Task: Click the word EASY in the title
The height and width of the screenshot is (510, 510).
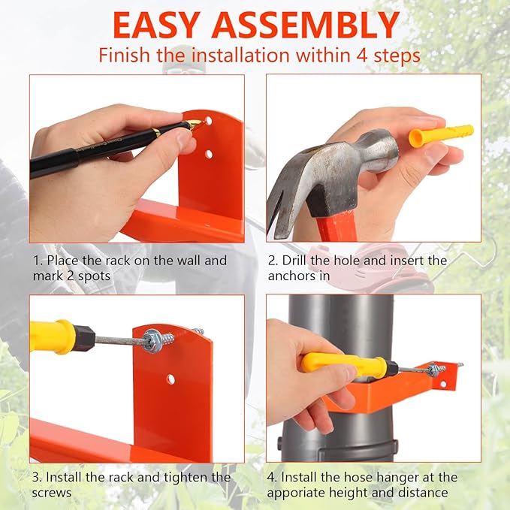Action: click(155, 26)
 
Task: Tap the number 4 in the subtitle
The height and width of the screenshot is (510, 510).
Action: click(362, 56)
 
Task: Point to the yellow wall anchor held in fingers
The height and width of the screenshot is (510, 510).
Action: click(441, 134)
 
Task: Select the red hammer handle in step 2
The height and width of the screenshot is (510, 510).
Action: click(335, 225)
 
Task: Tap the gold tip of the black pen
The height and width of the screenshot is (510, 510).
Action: click(195, 125)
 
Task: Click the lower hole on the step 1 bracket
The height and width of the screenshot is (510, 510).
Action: click(209, 154)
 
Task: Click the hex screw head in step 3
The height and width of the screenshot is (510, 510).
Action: click(152, 339)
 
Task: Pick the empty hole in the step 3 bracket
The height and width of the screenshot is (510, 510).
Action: click(171, 379)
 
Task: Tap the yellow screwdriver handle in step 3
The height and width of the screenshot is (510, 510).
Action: click(51, 336)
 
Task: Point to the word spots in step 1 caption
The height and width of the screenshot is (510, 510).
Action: click(94, 276)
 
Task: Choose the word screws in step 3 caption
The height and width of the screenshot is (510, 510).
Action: click(51, 493)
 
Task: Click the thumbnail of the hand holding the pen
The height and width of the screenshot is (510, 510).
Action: click(137, 158)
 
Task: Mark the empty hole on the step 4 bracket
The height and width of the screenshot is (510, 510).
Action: click(443, 384)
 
